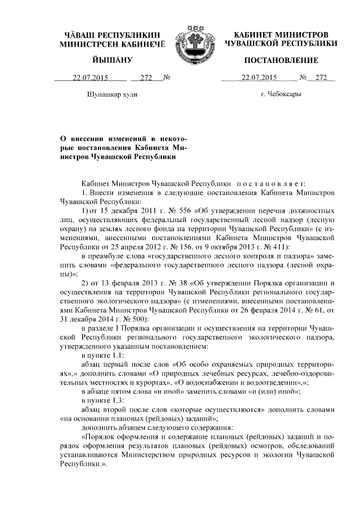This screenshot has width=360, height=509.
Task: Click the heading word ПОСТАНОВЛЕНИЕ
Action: pos(281,60)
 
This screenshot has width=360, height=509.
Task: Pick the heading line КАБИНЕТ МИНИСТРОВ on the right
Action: pos(281,34)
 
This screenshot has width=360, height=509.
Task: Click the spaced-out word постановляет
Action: pos(270,183)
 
